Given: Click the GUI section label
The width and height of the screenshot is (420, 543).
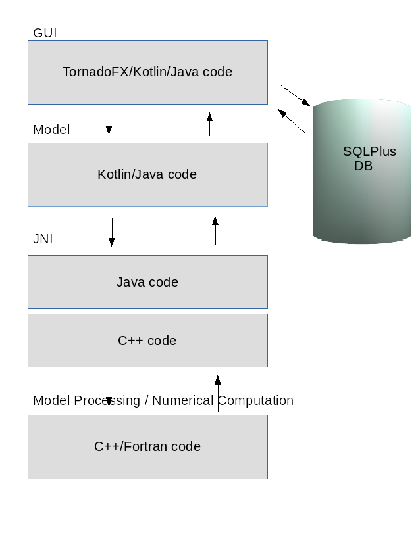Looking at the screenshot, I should point(45,33).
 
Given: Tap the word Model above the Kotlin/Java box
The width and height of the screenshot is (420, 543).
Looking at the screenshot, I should point(51,130).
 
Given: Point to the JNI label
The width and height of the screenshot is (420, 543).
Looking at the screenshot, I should point(43,239).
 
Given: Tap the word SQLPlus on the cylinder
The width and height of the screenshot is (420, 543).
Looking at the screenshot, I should point(369,151).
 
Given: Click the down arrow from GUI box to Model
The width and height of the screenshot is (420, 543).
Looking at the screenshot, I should point(109,122).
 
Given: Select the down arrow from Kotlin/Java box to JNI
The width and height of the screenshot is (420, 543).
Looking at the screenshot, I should point(111,233).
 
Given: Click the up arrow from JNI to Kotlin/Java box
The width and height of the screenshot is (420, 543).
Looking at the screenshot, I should point(215,231).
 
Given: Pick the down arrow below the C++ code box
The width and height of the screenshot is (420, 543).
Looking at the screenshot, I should point(109,391).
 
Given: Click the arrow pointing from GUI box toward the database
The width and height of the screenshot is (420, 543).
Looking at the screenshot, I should point(296,95).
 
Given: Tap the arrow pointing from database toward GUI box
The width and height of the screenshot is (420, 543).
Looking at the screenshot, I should point(292,121).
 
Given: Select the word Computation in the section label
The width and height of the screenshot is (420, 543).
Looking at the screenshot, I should point(255,400).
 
